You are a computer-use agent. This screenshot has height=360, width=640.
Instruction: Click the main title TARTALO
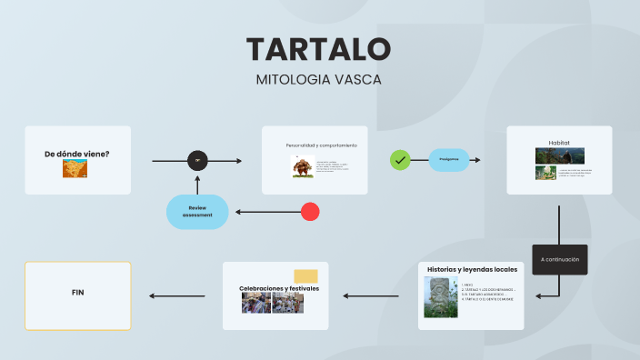click(319, 49)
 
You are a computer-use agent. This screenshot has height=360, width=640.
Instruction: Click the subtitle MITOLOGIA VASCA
click(319, 79)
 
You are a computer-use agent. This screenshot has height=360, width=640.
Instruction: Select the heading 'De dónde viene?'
click(77, 154)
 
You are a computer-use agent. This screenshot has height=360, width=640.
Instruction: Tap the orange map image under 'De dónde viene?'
click(75, 168)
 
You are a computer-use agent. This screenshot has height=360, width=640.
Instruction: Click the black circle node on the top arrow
click(198, 161)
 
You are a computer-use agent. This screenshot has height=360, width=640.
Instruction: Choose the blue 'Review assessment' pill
click(197, 212)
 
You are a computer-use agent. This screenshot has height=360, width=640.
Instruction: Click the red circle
click(310, 212)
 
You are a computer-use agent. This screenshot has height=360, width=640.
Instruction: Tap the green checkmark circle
click(400, 160)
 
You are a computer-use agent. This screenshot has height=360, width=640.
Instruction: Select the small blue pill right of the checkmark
click(449, 160)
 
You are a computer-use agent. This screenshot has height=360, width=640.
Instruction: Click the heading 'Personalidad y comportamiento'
click(321, 145)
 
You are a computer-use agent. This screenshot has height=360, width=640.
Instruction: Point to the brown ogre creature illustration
click(302, 166)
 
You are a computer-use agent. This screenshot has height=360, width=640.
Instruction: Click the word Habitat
click(559, 143)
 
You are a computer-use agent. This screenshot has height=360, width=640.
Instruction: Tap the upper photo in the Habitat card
click(559, 155)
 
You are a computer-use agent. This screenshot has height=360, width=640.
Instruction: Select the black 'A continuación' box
click(559, 259)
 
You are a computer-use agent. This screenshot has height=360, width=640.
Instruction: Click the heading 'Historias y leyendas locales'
click(472, 269)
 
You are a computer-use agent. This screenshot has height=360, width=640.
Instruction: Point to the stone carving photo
click(441, 297)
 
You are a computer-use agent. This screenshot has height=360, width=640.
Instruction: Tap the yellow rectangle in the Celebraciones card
click(305, 276)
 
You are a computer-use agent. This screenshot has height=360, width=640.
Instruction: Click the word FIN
click(78, 293)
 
